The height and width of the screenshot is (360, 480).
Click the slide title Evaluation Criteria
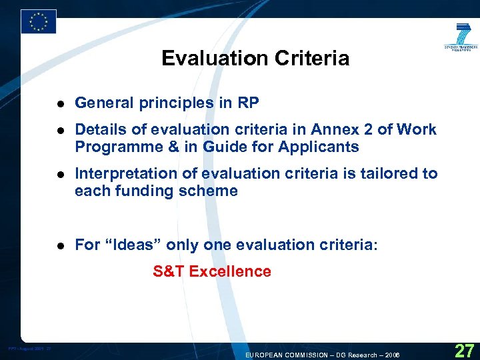tap(255, 59)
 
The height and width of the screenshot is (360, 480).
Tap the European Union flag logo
tap(38, 21)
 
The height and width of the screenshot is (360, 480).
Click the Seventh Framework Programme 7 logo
tap(461, 39)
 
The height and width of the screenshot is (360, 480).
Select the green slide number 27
tap(463, 349)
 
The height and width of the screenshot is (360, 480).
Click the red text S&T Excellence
tap(212, 271)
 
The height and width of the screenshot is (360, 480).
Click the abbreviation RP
tap(249, 103)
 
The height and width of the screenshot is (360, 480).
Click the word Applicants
tap(322, 147)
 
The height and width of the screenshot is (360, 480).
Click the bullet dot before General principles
tap(60, 104)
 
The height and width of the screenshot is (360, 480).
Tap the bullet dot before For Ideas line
tap(60, 245)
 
